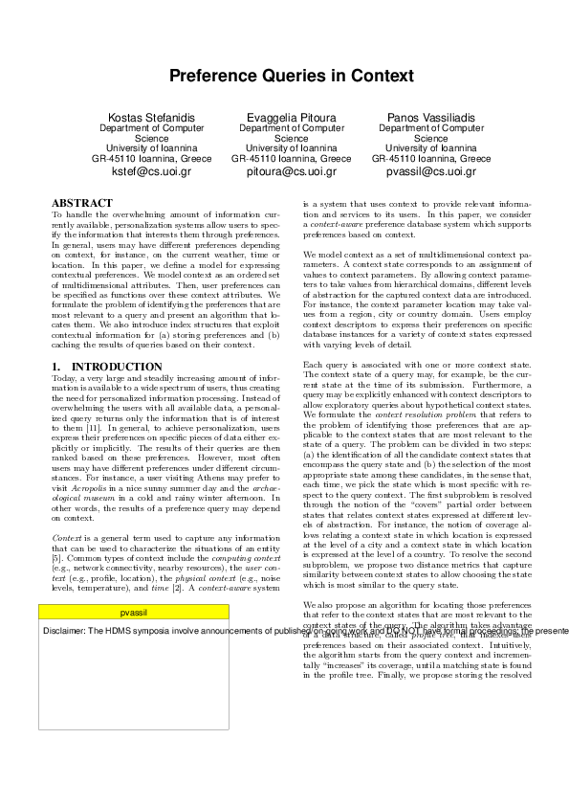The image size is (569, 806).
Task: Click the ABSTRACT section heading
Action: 81,204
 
